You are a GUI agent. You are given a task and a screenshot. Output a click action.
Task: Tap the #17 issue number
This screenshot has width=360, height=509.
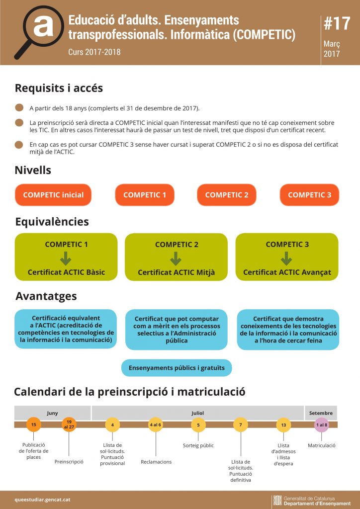337,23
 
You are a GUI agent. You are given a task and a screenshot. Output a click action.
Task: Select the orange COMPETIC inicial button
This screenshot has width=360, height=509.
53,195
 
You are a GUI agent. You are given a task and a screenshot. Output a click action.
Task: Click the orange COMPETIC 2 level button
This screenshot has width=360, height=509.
226,195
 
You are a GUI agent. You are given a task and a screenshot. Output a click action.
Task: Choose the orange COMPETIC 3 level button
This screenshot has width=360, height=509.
309,195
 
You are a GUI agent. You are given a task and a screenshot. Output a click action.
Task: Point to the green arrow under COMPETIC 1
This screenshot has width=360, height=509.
66,258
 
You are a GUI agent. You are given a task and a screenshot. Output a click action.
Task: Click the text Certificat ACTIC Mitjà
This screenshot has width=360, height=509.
176,272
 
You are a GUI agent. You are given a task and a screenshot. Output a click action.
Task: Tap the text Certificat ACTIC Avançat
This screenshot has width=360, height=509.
287,272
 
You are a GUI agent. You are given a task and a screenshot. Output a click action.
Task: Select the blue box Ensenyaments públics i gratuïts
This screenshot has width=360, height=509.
177,368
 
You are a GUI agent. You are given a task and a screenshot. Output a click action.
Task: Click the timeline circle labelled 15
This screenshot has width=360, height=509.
33,424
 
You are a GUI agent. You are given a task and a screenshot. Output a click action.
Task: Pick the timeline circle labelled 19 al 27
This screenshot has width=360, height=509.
69,424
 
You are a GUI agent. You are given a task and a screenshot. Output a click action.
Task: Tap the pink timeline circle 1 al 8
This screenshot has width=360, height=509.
322,424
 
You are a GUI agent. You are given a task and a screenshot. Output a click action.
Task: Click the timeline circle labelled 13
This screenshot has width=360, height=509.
283,424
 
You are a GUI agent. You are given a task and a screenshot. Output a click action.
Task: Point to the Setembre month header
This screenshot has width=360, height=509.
321,413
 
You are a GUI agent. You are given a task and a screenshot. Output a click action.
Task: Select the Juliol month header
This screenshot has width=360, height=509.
197,413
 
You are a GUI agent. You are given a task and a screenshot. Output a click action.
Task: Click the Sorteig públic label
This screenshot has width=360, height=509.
198,445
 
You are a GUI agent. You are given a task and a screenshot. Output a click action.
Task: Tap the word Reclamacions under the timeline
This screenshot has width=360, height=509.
156,462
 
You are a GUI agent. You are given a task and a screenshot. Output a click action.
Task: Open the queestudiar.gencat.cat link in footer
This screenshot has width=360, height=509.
39,499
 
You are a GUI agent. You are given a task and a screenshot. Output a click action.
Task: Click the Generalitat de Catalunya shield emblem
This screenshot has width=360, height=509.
277,500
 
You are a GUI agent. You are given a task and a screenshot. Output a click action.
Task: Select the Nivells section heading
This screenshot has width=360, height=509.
33,170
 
